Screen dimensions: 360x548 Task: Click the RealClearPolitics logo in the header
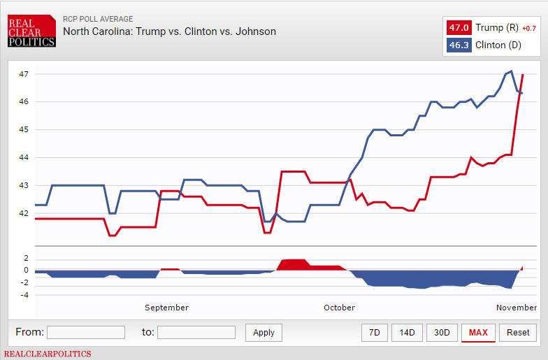(x=31, y=32)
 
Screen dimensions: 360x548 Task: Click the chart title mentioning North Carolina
(x=169, y=31)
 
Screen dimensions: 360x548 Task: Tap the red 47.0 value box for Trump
(x=459, y=28)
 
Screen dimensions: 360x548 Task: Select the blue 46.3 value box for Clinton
(x=459, y=46)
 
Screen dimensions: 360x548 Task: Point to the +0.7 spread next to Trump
(x=529, y=29)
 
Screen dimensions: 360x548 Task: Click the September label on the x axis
(x=166, y=308)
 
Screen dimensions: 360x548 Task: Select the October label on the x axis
(x=339, y=308)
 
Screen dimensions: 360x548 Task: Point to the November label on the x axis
(x=517, y=308)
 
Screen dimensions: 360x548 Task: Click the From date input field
(x=86, y=333)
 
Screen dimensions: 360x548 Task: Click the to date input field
(x=196, y=333)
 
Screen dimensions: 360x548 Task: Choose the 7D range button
(x=375, y=333)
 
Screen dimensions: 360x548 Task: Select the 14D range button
(x=407, y=333)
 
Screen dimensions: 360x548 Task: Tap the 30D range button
(x=442, y=333)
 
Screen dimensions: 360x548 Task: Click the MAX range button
(x=478, y=333)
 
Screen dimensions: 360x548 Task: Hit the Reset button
(x=518, y=333)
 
